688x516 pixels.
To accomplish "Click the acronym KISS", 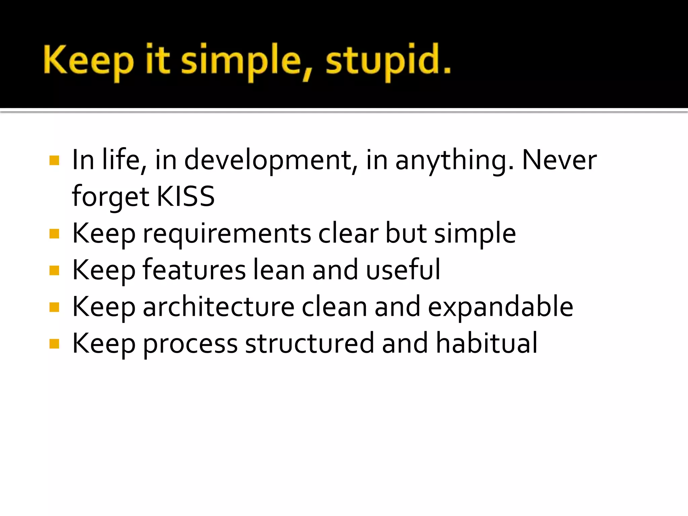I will [x=185, y=196].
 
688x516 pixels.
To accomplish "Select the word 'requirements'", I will [x=227, y=234].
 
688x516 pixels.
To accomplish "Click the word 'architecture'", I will [x=219, y=306].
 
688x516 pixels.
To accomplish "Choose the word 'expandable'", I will [x=501, y=306].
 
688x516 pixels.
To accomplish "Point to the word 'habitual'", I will [x=487, y=343].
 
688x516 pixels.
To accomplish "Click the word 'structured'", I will [x=309, y=343].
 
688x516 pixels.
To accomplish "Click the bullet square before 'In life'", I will [x=54, y=161].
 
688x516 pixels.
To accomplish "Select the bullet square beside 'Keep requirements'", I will [x=54, y=234].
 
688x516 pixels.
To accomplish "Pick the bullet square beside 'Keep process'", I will [x=54, y=344].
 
